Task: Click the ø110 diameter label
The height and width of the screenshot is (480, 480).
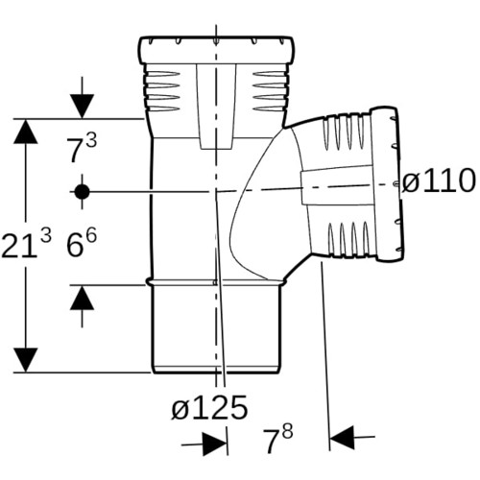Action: click(x=439, y=180)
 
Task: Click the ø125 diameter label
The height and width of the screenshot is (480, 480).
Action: click(x=209, y=407)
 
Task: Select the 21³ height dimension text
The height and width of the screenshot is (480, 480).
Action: click(x=26, y=244)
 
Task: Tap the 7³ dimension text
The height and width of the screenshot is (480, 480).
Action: click(x=82, y=149)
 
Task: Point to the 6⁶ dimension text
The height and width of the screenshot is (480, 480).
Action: click(x=82, y=244)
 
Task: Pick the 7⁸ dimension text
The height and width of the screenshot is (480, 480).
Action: click(x=277, y=440)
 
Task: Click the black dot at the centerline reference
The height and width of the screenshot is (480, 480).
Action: click(x=82, y=192)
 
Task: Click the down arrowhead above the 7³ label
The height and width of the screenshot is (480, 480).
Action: click(x=82, y=107)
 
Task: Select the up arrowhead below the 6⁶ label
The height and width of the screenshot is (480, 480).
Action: click(x=82, y=298)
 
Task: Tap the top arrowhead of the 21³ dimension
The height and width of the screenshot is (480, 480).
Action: click(x=26, y=132)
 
